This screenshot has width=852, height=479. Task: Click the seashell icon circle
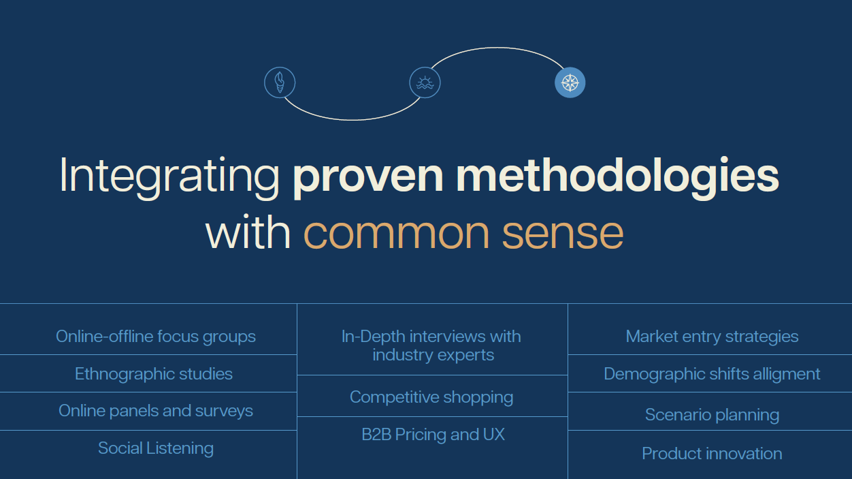[x=280, y=82]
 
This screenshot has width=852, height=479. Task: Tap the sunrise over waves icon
[x=425, y=82]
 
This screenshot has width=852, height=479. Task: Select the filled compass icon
[x=570, y=82]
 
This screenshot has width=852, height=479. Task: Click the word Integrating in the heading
[x=169, y=176]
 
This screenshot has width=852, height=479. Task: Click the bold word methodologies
[x=617, y=176]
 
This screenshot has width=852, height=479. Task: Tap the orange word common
[x=396, y=232]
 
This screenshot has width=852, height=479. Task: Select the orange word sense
[x=563, y=232]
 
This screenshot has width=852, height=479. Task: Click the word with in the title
[x=248, y=232]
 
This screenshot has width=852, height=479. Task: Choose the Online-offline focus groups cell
[x=156, y=337]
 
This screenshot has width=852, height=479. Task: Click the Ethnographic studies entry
[x=154, y=374]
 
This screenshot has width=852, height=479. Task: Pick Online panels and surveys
[x=156, y=411]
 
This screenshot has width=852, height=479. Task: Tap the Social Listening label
[x=156, y=448]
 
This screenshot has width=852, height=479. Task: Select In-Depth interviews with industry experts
[x=432, y=345]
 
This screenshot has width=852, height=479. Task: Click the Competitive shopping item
[x=431, y=397]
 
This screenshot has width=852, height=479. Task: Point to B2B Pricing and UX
[x=433, y=435]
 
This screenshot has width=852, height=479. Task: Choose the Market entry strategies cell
[x=712, y=337]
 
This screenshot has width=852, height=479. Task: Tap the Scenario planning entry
[x=712, y=415]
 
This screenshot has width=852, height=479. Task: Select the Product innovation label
[x=712, y=454]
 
